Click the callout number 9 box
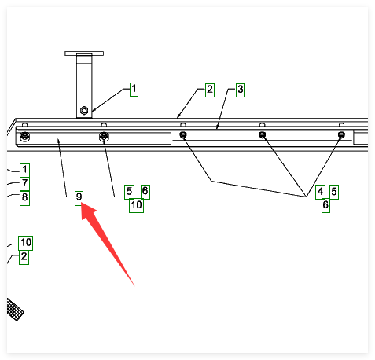(x=79, y=198)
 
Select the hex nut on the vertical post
(x=84, y=110)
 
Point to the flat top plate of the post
(x=84, y=53)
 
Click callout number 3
(x=241, y=90)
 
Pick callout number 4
(x=320, y=192)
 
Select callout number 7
(x=24, y=184)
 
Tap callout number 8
(x=24, y=198)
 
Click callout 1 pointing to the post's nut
(x=134, y=90)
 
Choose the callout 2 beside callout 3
(x=210, y=90)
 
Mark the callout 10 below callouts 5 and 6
(x=136, y=206)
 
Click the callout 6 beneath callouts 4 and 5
(x=325, y=206)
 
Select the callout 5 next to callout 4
(x=334, y=192)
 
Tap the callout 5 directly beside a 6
(x=129, y=192)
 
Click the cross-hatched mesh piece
(x=15, y=310)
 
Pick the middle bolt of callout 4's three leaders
(x=262, y=135)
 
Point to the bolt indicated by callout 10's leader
(x=104, y=136)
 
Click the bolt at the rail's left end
(x=24, y=136)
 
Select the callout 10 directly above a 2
(x=26, y=243)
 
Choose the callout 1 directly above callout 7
(x=24, y=171)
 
